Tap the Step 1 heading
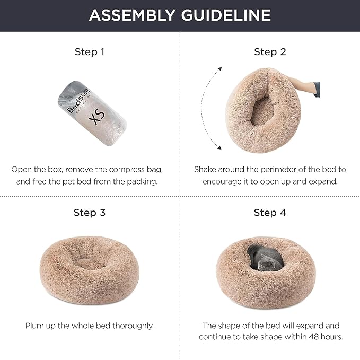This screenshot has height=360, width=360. click(x=90, y=52)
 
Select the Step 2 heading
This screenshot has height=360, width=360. click(x=270, y=52)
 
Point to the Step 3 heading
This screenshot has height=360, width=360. click(x=90, y=213)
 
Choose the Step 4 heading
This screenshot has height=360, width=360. click(x=270, y=213)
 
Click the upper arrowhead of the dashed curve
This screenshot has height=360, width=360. click(x=219, y=67)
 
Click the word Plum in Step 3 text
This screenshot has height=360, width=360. click(x=36, y=326)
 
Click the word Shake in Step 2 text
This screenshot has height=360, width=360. click(x=206, y=170)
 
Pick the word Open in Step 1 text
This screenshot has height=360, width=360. click(x=22, y=170)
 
